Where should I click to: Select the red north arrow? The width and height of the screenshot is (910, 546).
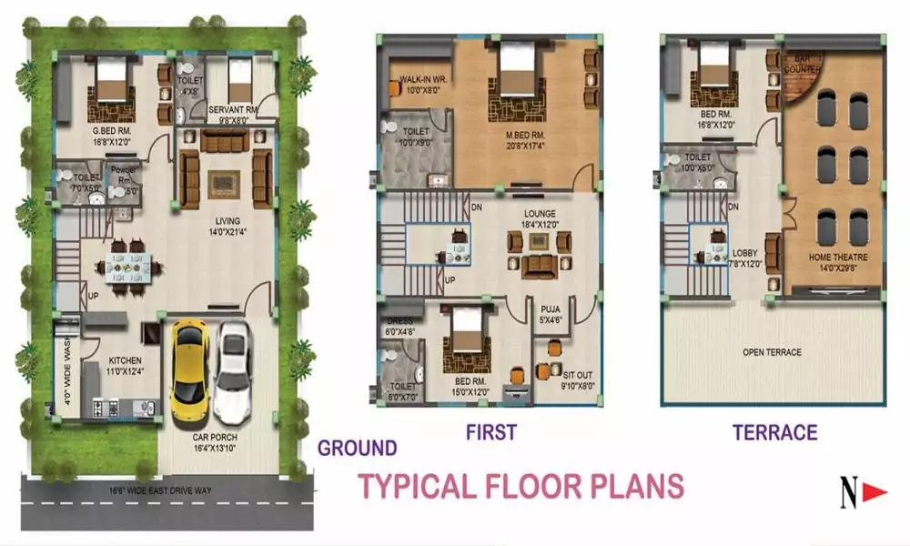[875, 493]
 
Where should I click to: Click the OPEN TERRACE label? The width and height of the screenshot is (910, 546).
[772, 352]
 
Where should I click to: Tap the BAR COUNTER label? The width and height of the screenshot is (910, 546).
[803, 64]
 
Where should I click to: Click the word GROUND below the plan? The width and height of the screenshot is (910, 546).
[357, 448]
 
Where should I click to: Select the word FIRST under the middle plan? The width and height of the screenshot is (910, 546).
[490, 431]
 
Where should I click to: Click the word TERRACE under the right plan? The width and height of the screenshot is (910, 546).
[774, 432]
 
